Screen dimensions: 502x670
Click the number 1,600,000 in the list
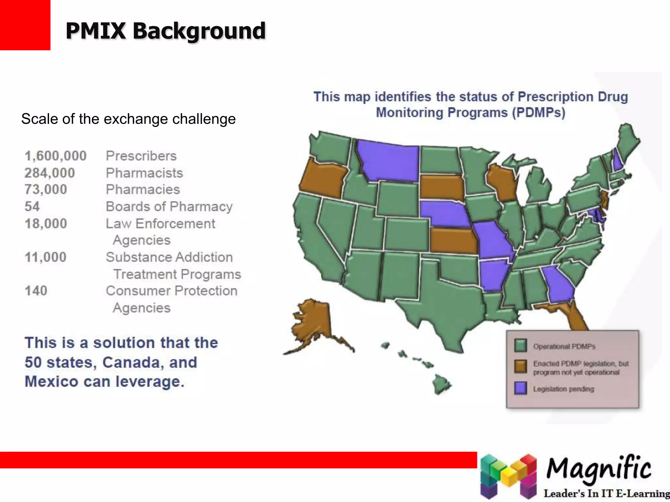pyautogui.click(x=56, y=156)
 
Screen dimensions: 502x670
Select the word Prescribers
pyautogui.click(x=141, y=156)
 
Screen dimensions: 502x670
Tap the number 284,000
pyautogui.click(x=50, y=173)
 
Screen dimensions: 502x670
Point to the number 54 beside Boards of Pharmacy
pyautogui.click(x=32, y=207)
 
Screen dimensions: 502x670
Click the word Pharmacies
pyautogui.click(x=143, y=190)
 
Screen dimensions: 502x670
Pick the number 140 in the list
pyautogui.click(x=36, y=291)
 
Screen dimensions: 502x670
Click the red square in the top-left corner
pyautogui.click(x=25, y=25)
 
